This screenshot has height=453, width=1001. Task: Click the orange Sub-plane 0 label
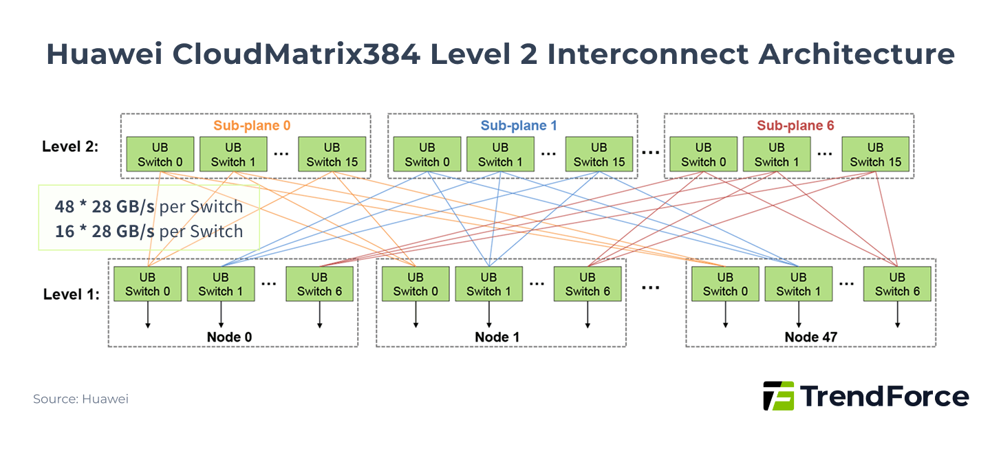251,126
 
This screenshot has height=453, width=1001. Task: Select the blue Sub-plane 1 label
518,126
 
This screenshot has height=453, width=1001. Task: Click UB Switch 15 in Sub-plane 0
332,155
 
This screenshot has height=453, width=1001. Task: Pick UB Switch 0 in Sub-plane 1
427,155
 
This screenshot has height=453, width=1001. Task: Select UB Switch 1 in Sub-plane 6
777,155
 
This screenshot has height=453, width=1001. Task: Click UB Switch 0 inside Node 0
147,284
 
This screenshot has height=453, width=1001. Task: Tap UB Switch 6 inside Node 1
588,284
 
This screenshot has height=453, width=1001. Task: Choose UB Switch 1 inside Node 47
799,284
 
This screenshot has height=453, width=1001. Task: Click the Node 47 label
811,338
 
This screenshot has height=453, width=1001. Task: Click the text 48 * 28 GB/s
105,207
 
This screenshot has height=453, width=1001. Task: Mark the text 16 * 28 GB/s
105,231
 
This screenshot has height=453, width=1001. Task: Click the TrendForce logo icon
778,397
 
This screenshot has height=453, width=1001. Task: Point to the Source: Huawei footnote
80,399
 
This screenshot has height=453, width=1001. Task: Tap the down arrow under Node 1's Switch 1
489,316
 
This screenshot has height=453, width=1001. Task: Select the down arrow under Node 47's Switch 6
897,316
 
